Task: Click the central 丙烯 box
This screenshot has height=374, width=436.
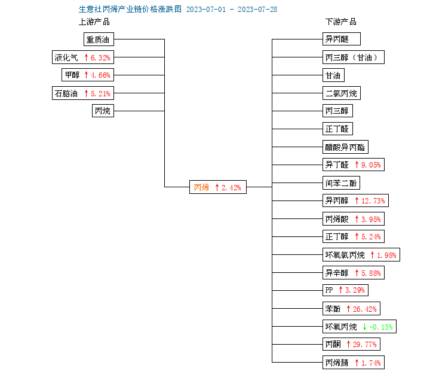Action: click(x=218, y=187)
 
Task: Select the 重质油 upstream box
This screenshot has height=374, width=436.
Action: click(x=99, y=39)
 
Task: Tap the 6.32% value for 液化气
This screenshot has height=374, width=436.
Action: click(x=100, y=57)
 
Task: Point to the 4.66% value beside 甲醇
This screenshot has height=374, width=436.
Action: click(x=100, y=75)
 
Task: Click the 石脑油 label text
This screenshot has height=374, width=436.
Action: click(x=66, y=93)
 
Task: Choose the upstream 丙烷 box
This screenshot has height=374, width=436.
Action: click(x=103, y=111)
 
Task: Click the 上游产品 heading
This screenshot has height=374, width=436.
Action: click(x=94, y=22)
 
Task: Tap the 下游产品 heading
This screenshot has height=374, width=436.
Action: click(x=340, y=22)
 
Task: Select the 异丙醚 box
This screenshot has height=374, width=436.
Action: click(x=342, y=39)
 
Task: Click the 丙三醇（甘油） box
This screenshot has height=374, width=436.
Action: click(x=354, y=57)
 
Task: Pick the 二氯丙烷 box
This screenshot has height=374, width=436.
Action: click(x=342, y=93)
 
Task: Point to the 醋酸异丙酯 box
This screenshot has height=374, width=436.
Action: click(x=345, y=147)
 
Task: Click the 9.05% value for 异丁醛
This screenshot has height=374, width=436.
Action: click(x=371, y=165)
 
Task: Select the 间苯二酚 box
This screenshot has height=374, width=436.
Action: click(x=341, y=183)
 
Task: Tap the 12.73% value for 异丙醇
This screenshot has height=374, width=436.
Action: click(x=373, y=200)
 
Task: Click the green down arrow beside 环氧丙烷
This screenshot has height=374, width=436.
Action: click(x=364, y=327)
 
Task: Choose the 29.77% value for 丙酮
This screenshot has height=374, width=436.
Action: click(x=364, y=345)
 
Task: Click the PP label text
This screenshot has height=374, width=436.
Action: click(x=329, y=290)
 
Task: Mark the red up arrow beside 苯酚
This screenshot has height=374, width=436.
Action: click(x=348, y=309)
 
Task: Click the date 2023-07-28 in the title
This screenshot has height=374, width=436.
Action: click(x=257, y=10)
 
